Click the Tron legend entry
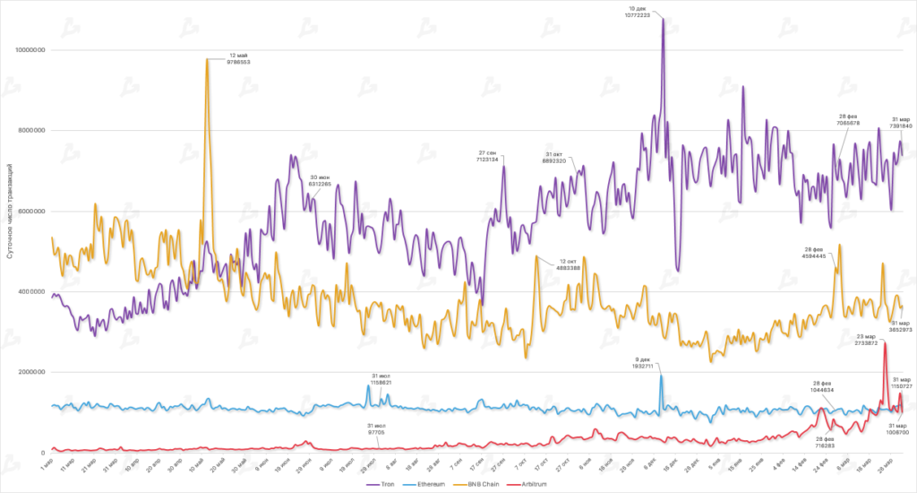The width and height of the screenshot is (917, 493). tap(381, 483)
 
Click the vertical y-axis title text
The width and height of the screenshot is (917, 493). tap(9, 211)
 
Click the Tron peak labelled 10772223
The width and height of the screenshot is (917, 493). tap(663, 19)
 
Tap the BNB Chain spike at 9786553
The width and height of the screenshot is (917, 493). tap(208, 59)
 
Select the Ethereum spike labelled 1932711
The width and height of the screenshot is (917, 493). tap(662, 376)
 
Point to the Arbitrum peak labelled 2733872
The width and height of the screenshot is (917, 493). tap(885, 343)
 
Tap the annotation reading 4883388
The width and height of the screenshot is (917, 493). tap(568, 268)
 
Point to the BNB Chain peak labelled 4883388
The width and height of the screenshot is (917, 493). tap(536, 257)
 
